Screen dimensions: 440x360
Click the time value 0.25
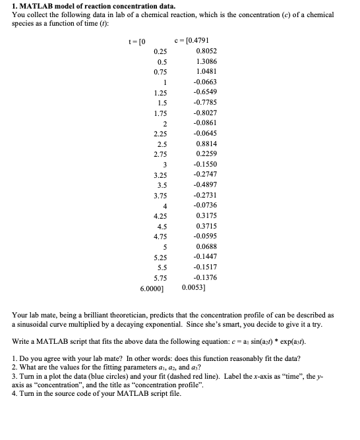[x=160, y=51]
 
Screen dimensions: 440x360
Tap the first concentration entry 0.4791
[x=198, y=40]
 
